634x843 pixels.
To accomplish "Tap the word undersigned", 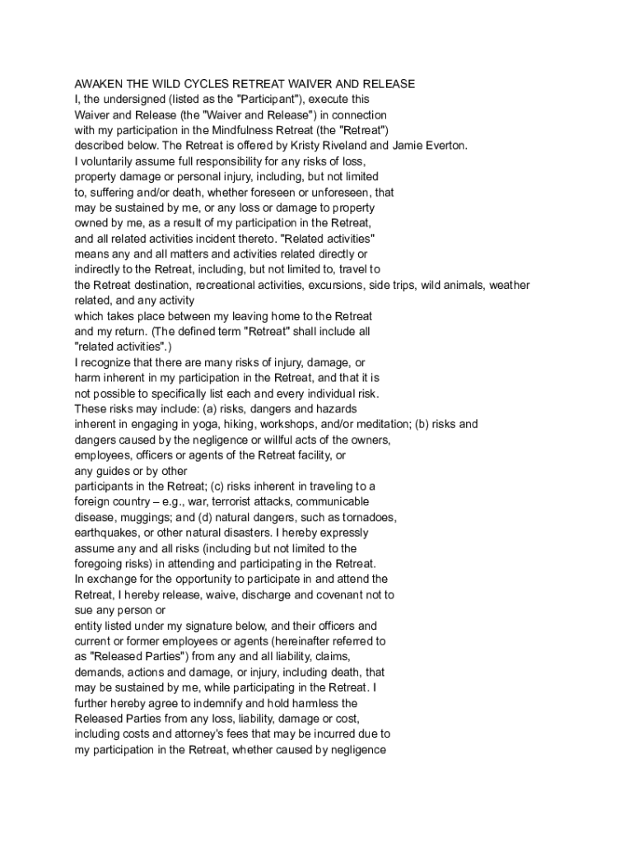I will tap(137, 100).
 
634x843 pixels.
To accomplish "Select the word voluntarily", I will tap(112, 161).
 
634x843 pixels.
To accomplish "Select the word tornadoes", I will tap(365, 517).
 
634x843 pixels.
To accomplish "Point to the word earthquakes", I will tap(106, 533).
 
